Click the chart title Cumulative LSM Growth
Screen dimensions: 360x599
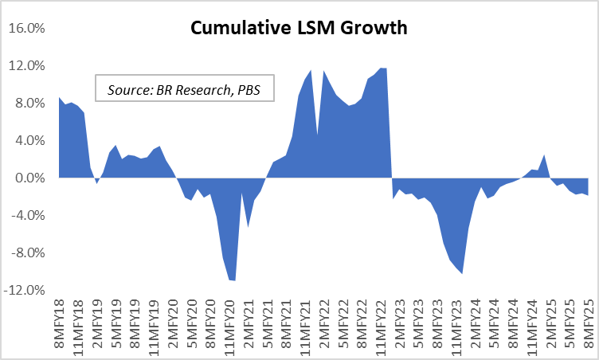tap(299, 29)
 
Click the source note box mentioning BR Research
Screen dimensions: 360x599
tap(184, 88)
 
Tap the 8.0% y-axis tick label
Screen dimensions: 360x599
tap(30, 104)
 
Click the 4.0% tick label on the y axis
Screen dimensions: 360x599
tap(30, 141)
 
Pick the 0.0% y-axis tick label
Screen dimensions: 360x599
tap(30, 178)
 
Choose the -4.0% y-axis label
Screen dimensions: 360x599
tap(29, 216)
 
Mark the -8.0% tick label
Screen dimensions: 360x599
tap(29, 253)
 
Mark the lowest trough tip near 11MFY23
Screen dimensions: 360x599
tap(462, 273)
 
